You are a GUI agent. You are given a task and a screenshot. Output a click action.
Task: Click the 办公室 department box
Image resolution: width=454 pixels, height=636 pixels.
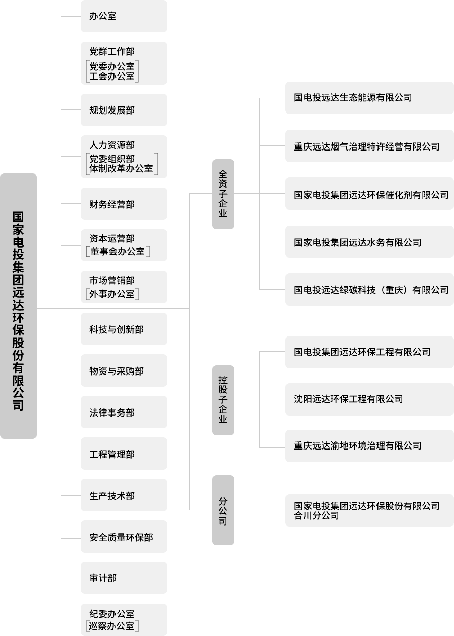point(124,16)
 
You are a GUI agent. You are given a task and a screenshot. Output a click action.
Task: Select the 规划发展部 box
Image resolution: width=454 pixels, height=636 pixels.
point(124,110)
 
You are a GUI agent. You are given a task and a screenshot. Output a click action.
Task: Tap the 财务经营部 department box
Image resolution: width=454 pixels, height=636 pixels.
point(124,204)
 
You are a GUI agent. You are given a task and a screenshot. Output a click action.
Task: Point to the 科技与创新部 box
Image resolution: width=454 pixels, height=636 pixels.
point(124,329)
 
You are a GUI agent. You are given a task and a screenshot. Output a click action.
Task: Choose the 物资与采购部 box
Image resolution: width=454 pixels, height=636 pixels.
point(124,371)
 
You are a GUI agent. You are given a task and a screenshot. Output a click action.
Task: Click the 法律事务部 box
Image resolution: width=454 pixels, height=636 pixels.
point(124,413)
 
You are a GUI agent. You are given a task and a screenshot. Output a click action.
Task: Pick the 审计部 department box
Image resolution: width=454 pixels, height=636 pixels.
point(124,578)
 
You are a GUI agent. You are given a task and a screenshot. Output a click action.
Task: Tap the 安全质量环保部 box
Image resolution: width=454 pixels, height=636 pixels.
point(124,537)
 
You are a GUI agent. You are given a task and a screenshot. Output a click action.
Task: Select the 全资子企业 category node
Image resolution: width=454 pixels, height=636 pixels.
point(223,194)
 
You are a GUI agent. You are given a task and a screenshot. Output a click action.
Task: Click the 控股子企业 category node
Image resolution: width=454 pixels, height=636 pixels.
point(223,399)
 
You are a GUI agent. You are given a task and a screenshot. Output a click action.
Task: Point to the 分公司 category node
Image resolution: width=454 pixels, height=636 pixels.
point(223,510)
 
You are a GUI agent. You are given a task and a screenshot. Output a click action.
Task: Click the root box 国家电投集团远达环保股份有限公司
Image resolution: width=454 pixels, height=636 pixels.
point(19,306)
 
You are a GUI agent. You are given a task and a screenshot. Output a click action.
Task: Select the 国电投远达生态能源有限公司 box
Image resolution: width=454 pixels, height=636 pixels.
point(369,98)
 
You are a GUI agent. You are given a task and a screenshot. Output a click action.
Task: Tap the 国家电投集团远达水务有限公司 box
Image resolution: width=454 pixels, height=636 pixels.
point(369,242)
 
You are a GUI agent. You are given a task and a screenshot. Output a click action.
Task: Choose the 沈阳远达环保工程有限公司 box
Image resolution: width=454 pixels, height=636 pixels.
point(369,399)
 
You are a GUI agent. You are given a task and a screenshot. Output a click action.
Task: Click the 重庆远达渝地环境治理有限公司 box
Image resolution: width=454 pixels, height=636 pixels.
point(369,446)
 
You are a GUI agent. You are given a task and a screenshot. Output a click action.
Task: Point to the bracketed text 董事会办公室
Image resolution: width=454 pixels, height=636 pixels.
point(118,252)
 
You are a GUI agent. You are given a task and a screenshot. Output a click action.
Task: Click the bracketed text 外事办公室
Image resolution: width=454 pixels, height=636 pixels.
point(112,294)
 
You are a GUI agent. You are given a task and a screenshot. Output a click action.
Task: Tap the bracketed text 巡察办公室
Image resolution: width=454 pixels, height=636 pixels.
point(112,626)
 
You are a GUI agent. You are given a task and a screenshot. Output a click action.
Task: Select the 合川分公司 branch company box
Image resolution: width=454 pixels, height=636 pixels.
point(369,510)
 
